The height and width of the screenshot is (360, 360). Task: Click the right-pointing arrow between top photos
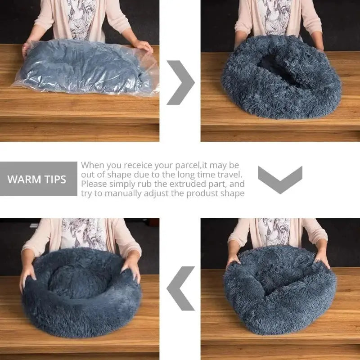click(181, 82)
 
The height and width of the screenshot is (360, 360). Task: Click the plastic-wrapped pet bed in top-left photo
click(85, 67)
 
